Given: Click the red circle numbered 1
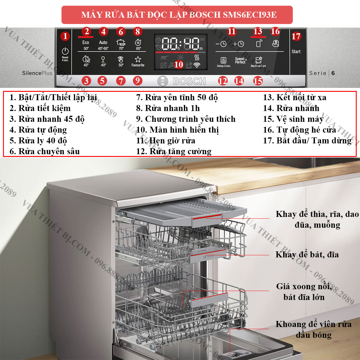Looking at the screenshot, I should tap(65, 36).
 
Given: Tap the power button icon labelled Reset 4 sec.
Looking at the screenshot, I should tap(65, 52).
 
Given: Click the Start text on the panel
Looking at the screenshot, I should tap(296, 52).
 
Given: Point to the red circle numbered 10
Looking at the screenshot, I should tap(178, 64).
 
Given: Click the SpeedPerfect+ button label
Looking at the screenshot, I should tap(240, 60).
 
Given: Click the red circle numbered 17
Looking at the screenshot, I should tap(296, 36).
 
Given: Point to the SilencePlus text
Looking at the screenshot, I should tap(37, 73).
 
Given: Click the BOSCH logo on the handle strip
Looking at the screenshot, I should tap(182, 81).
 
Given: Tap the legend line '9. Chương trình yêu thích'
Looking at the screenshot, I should tap(186, 119).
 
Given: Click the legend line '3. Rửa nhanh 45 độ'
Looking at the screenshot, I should tap(47, 119).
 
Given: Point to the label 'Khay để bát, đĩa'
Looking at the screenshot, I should tap(307, 255).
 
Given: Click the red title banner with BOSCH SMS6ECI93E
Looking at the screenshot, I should tap(177, 15).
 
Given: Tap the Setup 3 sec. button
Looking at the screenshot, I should tap(223, 61).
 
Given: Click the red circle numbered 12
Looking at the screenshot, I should tap(223, 81).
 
